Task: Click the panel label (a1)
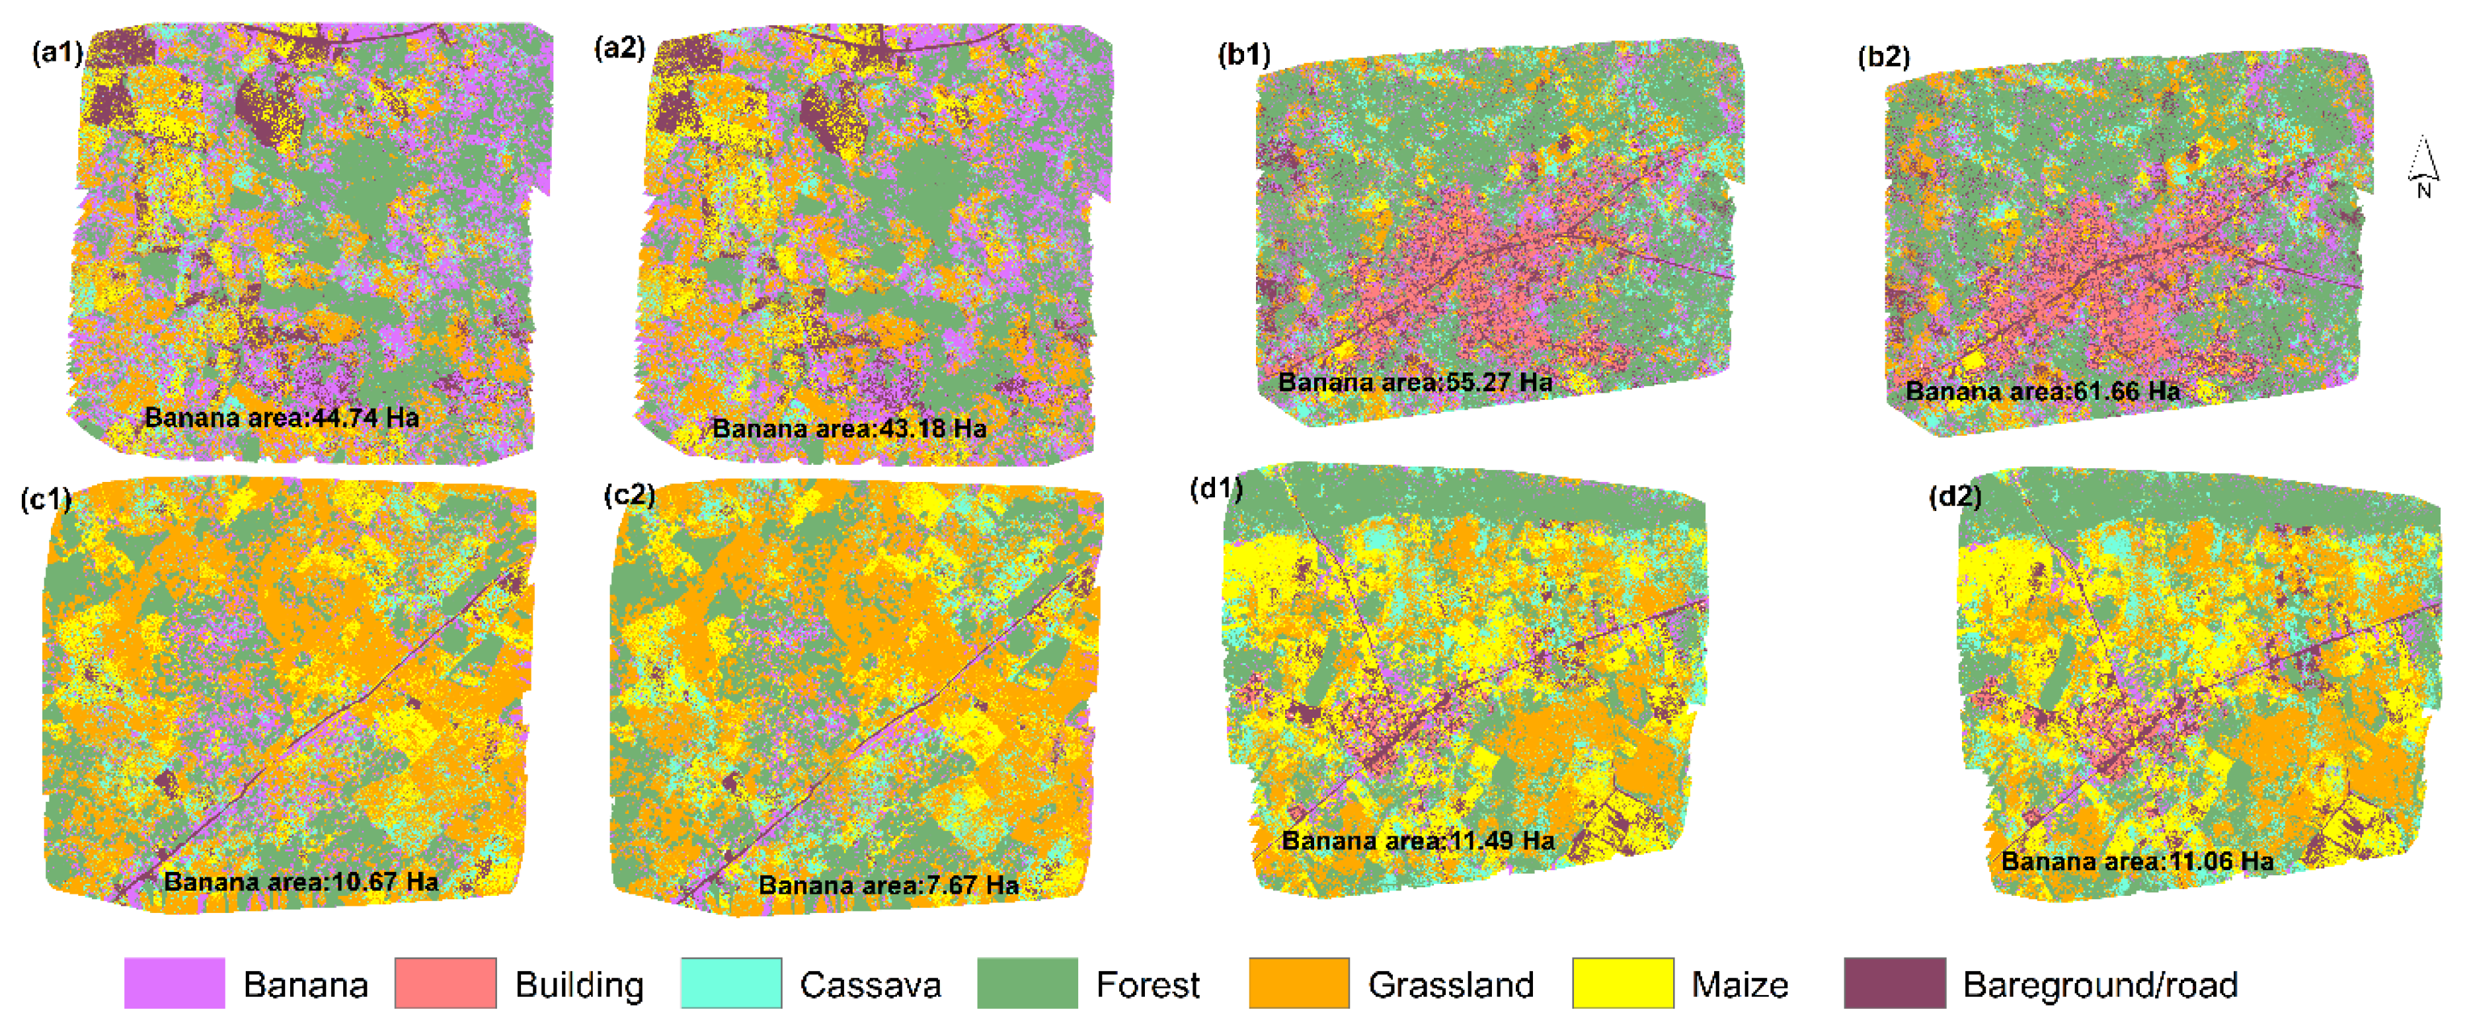tap(58, 52)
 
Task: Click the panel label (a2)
tap(619, 48)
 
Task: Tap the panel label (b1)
tap(1243, 55)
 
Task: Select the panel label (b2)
tap(1883, 57)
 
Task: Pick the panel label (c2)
tap(630, 495)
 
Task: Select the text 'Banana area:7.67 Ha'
tap(888, 885)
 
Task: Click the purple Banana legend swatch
tap(175, 983)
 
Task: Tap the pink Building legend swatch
tap(446, 983)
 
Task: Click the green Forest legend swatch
tap(1027, 983)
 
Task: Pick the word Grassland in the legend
tap(1450, 985)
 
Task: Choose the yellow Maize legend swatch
tap(1623, 983)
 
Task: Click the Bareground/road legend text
tap(2099, 985)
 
